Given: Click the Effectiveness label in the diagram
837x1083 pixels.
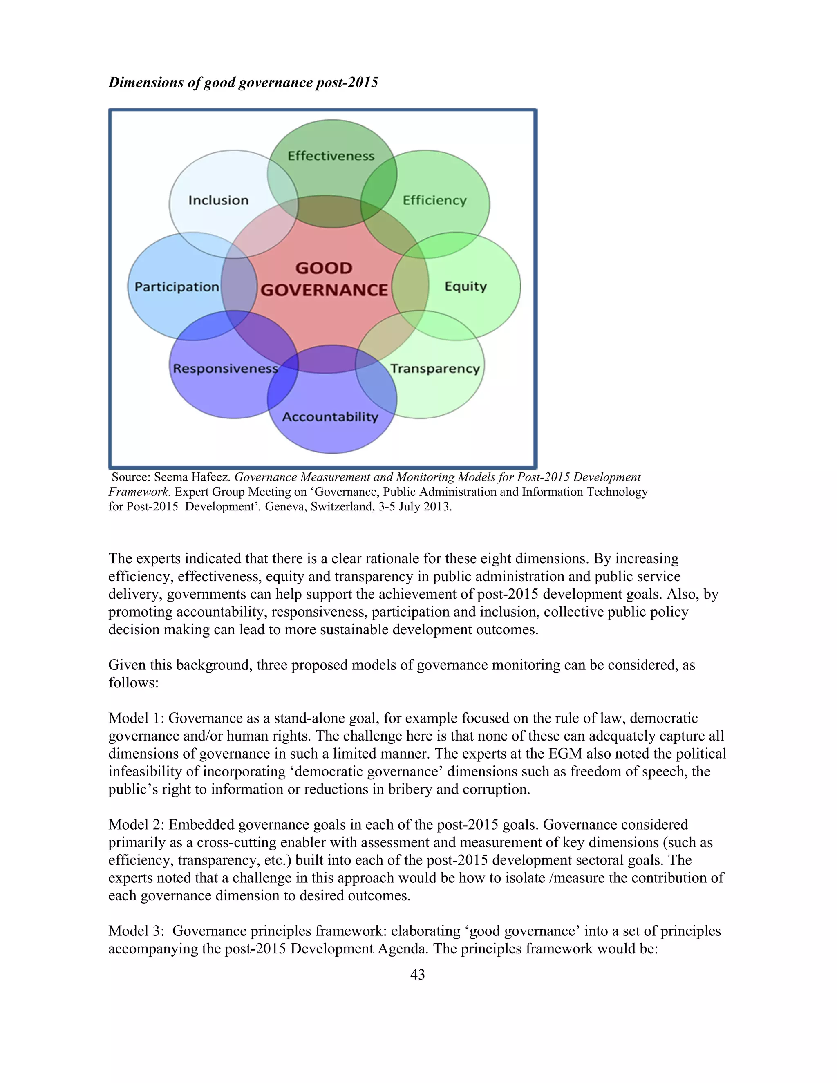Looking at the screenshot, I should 331,156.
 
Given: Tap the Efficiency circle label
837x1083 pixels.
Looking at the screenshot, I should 434,200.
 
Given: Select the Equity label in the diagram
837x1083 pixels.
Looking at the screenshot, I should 465,286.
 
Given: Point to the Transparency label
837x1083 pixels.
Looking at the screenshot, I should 435,369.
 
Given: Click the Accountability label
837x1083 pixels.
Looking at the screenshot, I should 330,416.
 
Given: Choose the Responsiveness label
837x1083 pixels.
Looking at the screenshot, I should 226,369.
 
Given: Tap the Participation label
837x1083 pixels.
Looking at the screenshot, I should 177,286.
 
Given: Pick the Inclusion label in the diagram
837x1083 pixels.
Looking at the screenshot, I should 218,200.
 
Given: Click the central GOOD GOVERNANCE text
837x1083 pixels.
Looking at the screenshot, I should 324,279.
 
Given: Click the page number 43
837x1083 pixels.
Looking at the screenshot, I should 418,974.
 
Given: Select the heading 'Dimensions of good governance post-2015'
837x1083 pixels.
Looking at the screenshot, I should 243,82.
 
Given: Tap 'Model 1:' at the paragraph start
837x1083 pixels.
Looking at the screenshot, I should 137,718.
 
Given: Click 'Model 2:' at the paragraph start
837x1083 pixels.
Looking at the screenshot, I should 137,824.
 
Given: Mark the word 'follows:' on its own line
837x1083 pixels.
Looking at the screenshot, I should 133,683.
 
